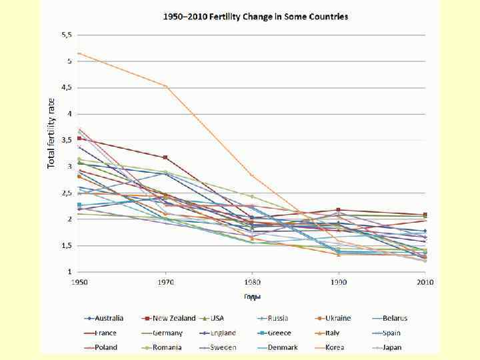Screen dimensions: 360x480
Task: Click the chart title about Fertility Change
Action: [257, 16]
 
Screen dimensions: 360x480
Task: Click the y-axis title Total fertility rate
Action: [51, 133]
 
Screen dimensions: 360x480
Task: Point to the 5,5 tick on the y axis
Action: [67, 34]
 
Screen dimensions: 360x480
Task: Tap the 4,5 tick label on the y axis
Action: [67, 87]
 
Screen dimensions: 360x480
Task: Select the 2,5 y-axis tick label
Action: [67, 193]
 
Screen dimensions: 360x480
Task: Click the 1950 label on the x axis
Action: [79, 283]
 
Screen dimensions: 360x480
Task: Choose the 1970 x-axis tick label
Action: [165, 283]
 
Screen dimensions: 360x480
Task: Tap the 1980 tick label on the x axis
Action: [252, 283]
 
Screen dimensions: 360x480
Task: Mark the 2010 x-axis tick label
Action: [425, 283]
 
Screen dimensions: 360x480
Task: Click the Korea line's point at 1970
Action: [165, 86]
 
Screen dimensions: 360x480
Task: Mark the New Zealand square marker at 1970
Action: [165, 157]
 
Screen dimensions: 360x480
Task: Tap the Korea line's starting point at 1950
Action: [79, 53]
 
